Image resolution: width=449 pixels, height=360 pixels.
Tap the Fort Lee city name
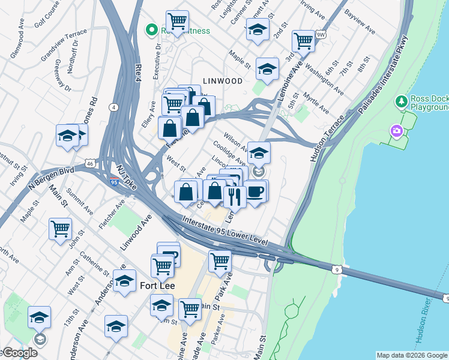tap(157, 286)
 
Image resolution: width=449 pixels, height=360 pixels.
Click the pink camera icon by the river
tap(396, 130)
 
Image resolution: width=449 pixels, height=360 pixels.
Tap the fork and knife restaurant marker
tap(235, 196)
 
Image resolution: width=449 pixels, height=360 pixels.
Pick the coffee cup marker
tap(255, 192)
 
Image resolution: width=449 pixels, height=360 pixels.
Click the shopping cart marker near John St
tap(60, 229)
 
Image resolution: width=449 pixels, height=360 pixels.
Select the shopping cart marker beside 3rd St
tap(303, 41)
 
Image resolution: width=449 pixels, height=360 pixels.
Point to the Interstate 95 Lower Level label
tap(225, 230)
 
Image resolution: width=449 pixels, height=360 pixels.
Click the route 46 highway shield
tap(89, 163)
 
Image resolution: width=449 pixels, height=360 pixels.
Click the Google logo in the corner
tap(19, 353)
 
